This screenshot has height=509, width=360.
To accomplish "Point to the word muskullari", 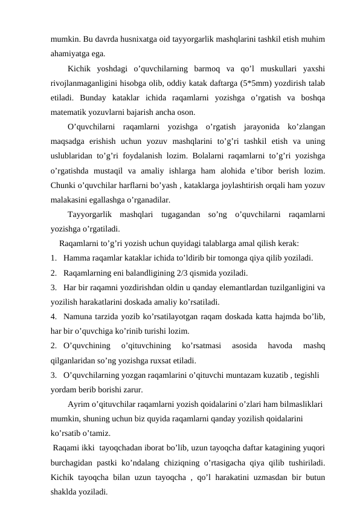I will [x=272, y=68].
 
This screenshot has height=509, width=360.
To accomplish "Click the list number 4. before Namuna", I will [x=55, y=316].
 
